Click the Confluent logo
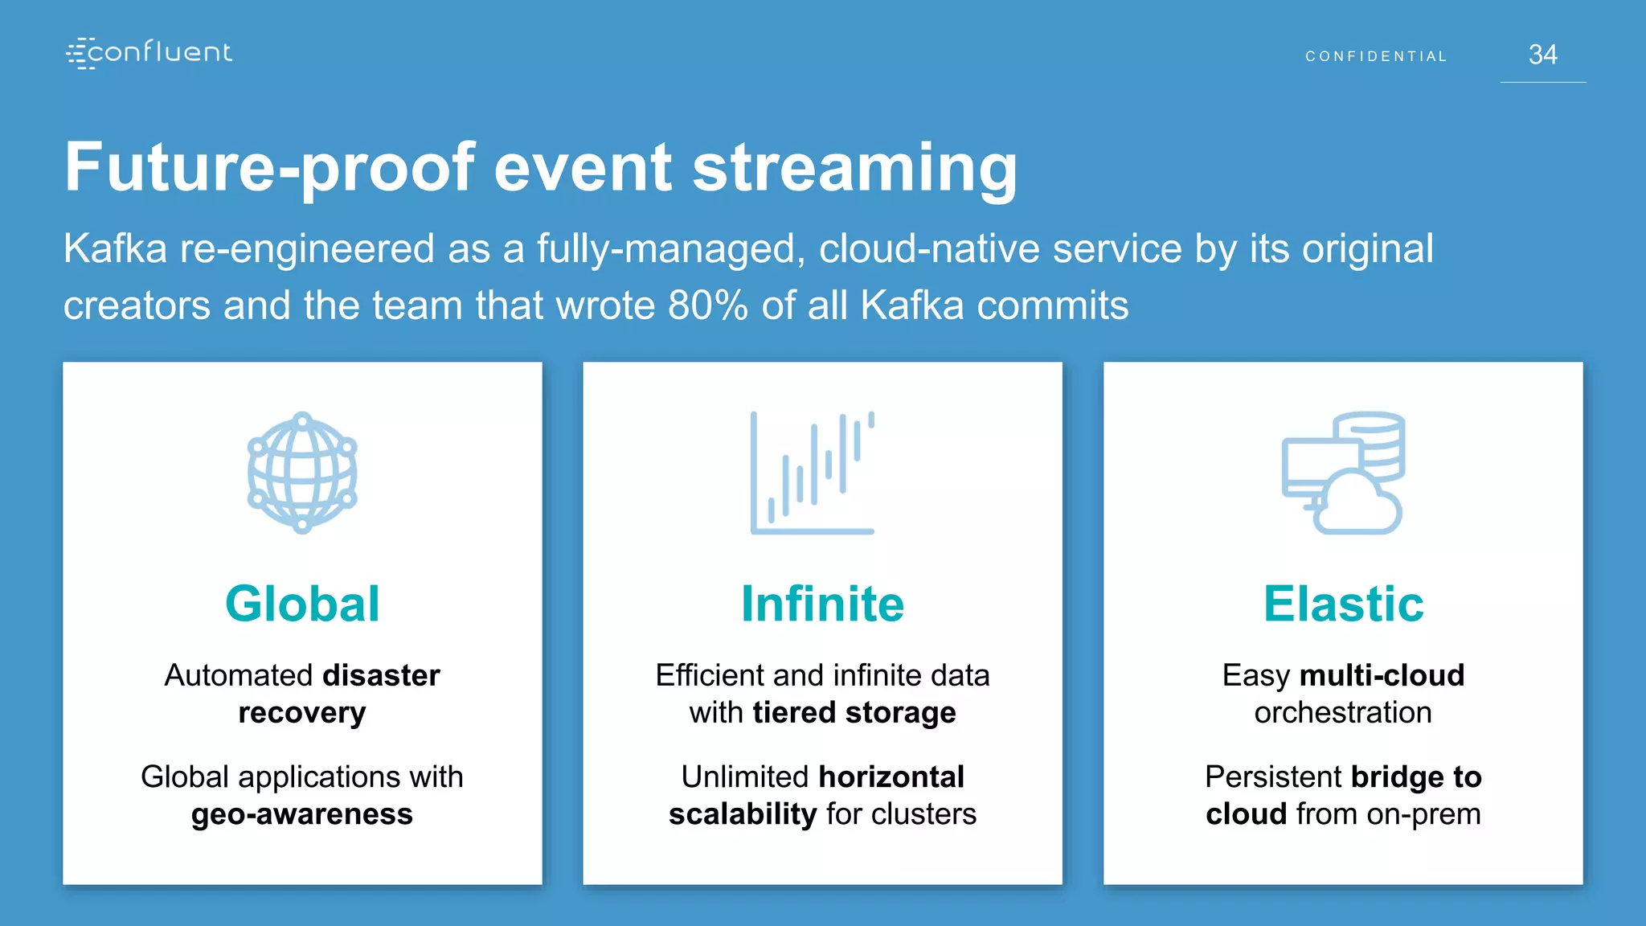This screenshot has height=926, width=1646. [x=149, y=53]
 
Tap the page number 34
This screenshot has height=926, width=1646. [x=1542, y=55]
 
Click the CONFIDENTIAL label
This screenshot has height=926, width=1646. [x=1376, y=56]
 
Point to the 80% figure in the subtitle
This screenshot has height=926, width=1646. [x=707, y=305]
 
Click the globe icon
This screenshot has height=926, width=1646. [x=302, y=473]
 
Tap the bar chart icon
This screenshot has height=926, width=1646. [x=812, y=473]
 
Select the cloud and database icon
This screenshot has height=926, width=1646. [x=1343, y=473]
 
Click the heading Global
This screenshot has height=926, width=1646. [x=302, y=604]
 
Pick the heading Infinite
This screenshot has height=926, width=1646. [x=822, y=604]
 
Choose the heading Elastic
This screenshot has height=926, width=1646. [x=1343, y=604]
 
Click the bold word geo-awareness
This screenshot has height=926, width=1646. [x=302, y=814]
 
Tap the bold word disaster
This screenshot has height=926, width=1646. [x=381, y=675]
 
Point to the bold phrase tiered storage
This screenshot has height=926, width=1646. [x=854, y=713]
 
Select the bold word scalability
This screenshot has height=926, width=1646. [x=743, y=814]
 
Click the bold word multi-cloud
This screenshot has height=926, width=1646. [x=1382, y=675]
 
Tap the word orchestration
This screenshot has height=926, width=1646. [x=1343, y=713]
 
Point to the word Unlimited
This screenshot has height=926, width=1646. [x=744, y=777]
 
